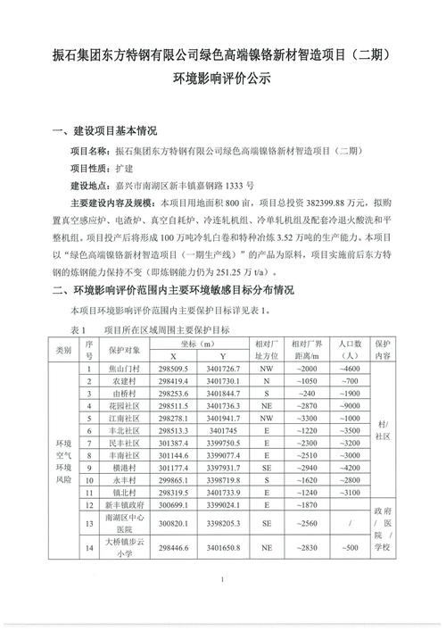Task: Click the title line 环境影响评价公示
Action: [x=223, y=79]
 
